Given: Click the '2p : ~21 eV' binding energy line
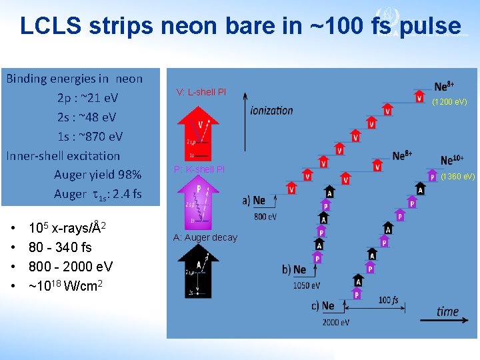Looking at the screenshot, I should point(87,98).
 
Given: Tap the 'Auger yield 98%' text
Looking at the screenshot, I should point(97,175).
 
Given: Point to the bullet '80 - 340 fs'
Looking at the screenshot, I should point(60,247).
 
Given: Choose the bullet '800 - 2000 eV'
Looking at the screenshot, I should point(71,267).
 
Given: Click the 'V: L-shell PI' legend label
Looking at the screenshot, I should point(201,92).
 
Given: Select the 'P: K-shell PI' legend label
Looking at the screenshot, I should point(199,169).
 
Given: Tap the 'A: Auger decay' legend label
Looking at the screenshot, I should point(205,237).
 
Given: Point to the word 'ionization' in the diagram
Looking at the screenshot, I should point(271,111).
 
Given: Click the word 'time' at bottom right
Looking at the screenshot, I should point(448,311).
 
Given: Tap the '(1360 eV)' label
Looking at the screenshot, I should point(457,177).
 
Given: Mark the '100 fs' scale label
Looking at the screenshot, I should point(388,301).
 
